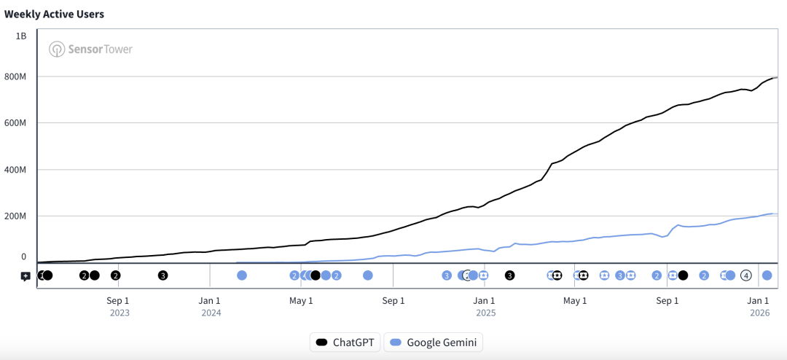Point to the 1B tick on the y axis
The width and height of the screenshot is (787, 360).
coord(22,35)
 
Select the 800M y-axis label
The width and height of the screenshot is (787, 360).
coord(16,77)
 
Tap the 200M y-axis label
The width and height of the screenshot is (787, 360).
coord(16,216)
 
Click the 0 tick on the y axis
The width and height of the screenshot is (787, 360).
coord(23,257)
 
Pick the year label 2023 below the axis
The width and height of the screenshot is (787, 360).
coord(120,313)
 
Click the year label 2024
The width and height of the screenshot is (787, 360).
coord(211,313)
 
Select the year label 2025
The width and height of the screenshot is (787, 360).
coord(486,313)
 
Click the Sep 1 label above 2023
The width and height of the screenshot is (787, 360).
coord(117,300)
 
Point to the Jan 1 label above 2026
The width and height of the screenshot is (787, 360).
coord(759,300)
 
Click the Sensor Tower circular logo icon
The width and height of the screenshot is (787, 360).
coord(57,50)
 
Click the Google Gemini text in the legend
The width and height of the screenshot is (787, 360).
coord(442,342)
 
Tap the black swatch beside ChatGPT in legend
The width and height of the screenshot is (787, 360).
coord(321,342)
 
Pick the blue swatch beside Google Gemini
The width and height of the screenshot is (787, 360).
coord(396,342)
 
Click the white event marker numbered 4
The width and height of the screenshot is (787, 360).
coord(745,275)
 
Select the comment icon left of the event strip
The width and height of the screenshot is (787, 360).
coord(26,276)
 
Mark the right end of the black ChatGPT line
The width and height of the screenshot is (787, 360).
coord(777,77)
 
